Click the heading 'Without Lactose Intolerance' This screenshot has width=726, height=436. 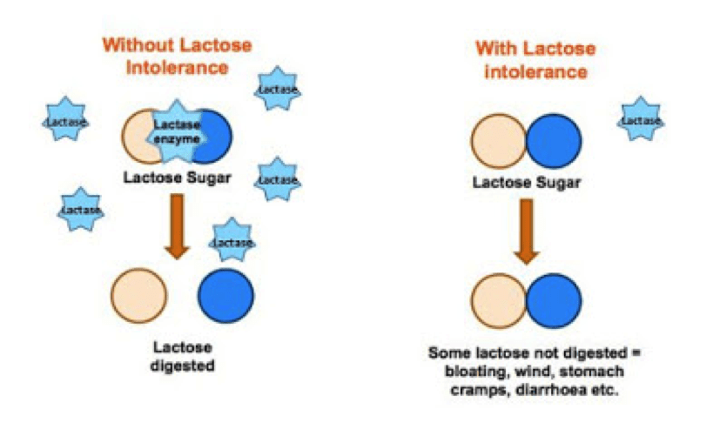[x=178, y=56]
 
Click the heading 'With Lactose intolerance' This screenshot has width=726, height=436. [x=535, y=60]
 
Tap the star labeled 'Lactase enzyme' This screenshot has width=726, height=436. [x=177, y=132]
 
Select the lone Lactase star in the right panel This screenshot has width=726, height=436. [x=641, y=119]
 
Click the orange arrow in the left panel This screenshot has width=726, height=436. [x=177, y=226]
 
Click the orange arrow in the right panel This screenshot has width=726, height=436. [x=527, y=231]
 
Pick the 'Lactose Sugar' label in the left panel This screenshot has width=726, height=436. [x=177, y=178]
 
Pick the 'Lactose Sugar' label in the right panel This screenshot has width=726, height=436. [x=527, y=183]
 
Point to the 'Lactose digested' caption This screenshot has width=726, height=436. [x=183, y=357]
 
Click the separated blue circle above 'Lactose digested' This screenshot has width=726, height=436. [x=226, y=296]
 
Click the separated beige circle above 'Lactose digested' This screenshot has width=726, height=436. [x=139, y=296]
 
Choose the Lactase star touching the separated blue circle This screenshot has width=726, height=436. [x=232, y=241]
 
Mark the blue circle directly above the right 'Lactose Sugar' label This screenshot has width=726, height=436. [x=554, y=141]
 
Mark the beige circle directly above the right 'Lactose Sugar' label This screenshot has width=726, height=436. [x=499, y=141]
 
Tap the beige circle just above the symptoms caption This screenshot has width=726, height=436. [x=499, y=301]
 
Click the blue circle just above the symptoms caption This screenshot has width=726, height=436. [x=554, y=301]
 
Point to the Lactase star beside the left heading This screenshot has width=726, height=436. [x=278, y=89]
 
